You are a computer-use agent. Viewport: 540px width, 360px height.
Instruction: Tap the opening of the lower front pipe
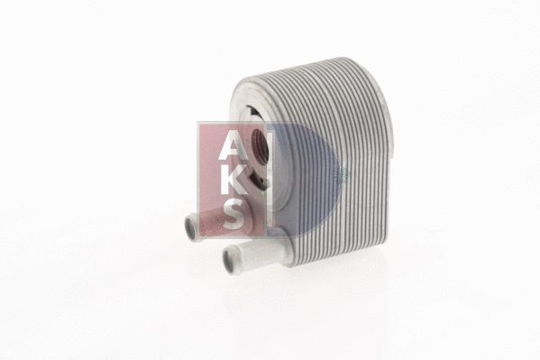tap(229, 261)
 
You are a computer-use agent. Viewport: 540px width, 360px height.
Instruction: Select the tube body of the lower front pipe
tap(250, 252)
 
